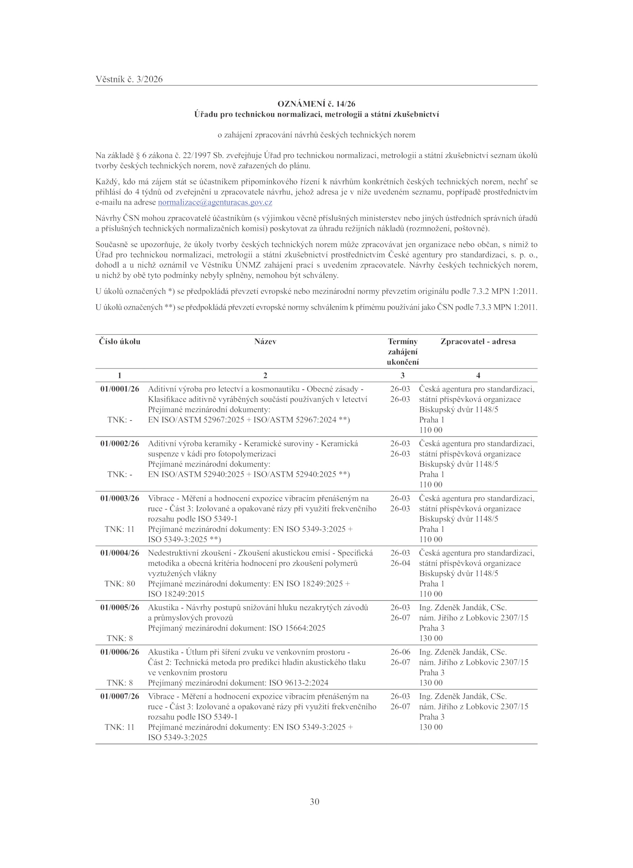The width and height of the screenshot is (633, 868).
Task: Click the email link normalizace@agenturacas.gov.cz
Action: click(215, 202)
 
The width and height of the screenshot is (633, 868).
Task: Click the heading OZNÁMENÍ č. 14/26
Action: click(316, 104)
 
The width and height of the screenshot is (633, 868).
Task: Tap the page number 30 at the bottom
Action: click(315, 802)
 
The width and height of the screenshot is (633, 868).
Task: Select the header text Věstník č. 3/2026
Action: click(129, 79)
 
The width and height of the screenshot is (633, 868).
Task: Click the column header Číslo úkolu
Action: click(119, 342)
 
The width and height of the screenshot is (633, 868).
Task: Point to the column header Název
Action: click(265, 342)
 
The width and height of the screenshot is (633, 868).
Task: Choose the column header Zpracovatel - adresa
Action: click(478, 342)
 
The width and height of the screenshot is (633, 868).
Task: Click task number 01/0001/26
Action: click(119, 389)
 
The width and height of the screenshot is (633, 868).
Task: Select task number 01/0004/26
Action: click(119, 553)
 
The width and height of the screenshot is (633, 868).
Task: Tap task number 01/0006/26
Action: click(119, 652)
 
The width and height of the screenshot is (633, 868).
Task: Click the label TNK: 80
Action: click(119, 583)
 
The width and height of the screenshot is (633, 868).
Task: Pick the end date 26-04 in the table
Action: click(400, 563)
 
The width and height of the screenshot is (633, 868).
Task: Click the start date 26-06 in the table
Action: click(400, 652)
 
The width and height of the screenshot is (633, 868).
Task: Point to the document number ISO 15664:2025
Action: click(297, 628)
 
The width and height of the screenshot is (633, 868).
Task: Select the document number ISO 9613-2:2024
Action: click(298, 682)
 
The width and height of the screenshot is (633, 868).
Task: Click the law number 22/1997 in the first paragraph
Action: click(197, 156)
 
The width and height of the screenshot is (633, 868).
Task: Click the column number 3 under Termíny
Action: click(402, 375)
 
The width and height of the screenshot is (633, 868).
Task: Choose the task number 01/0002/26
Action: click(119, 444)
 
